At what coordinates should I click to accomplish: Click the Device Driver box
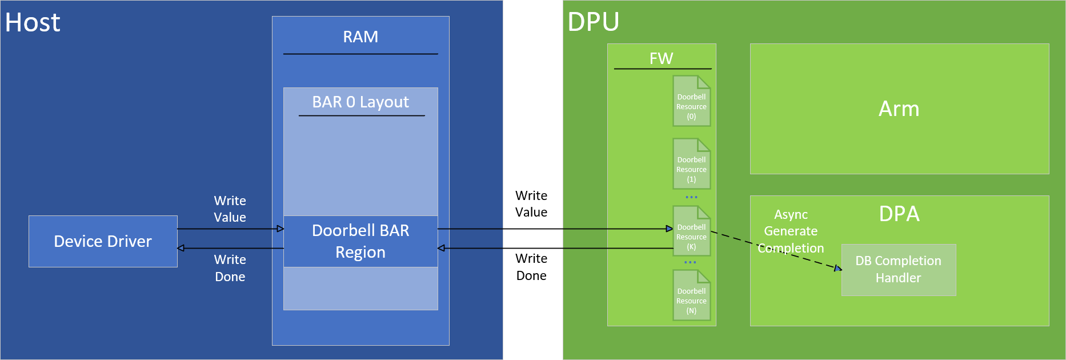[x=103, y=241]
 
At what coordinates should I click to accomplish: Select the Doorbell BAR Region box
[x=360, y=241]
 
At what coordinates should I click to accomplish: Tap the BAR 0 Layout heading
[x=360, y=102]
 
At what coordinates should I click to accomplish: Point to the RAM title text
[x=360, y=37]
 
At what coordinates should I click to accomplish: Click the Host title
[x=33, y=22]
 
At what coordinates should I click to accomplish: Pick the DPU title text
[x=594, y=22]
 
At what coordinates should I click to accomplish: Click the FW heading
[x=662, y=58]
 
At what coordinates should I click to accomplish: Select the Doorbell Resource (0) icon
[x=691, y=101]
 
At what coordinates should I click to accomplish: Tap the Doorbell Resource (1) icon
[x=691, y=164]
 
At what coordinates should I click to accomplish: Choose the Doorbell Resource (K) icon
[x=691, y=231]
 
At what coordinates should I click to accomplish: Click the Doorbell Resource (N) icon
[x=691, y=295]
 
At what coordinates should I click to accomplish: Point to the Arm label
[x=899, y=109]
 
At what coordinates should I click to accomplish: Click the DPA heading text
[x=899, y=214]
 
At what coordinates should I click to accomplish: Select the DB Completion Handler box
[x=899, y=270]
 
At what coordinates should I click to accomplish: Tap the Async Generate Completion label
[x=791, y=231]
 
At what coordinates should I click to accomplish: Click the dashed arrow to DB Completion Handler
[x=776, y=250]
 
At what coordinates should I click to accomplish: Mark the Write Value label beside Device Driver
[x=230, y=209]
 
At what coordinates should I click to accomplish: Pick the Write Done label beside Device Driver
[x=230, y=268]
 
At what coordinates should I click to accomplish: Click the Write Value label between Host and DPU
[x=531, y=204]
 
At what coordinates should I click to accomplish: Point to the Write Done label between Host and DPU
[x=531, y=267]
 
